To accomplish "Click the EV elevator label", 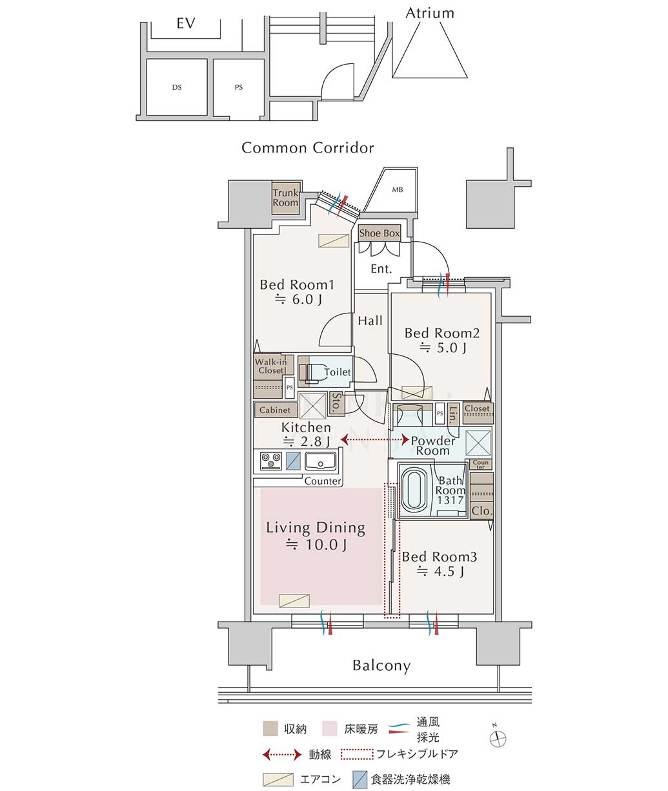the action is click(x=186, y=23).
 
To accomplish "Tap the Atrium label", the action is click(x=430, y=13).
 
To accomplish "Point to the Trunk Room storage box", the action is click(x=285, y=198).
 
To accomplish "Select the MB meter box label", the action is click(x=398, y=189).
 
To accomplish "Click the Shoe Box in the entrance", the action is click(x=380, y=233).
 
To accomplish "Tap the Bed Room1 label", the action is click(x=297, y=285).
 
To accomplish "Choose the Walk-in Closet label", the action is click(x=271, y=366).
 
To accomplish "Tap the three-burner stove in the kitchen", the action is click(x=271, y=460).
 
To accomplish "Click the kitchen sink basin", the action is click(x=320, y=461).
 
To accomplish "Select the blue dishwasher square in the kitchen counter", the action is click(x=293, y=461).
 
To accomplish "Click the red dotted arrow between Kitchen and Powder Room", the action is click(x=374, y=439).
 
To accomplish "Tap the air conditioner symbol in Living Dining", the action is click(x=294, y=600).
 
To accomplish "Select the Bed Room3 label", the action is click(x=440, y=557).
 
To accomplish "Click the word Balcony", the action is click(x=381, y=666).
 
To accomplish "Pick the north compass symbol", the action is click(x=498, y=738).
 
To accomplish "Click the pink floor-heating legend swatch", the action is click(x=329, y=728).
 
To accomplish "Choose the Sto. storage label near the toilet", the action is click(x=336, y=403).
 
